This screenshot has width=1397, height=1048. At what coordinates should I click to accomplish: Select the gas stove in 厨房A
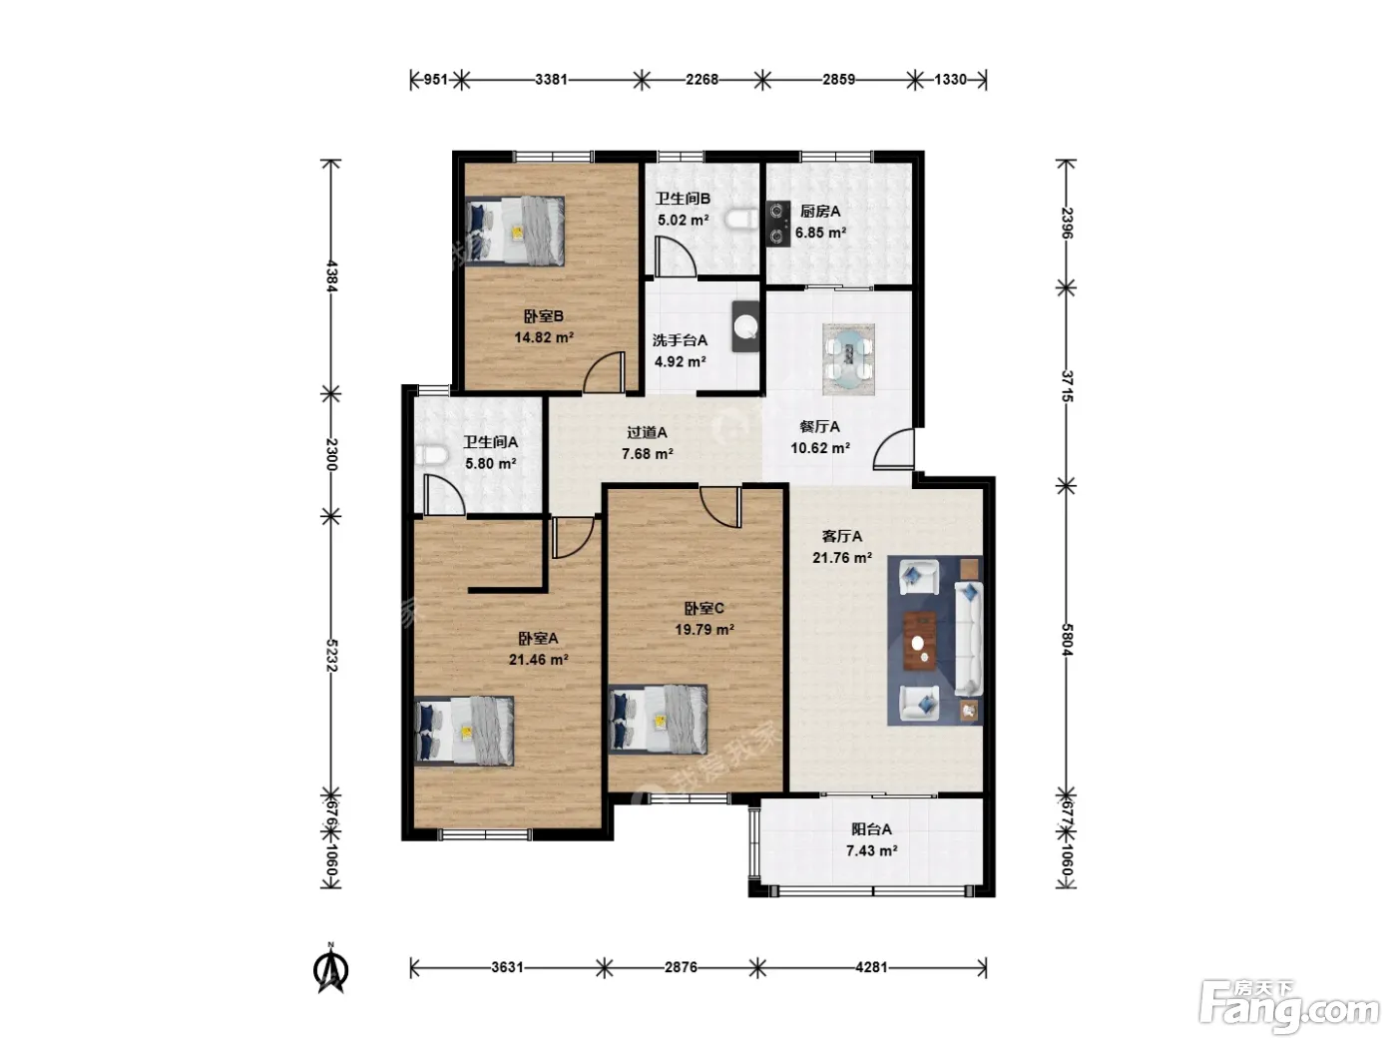[777, 223]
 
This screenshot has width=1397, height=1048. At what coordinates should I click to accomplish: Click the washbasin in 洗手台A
[745, 325]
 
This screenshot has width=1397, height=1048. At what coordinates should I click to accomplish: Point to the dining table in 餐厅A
[848, 358]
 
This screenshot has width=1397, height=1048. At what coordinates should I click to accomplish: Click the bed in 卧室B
[514, 231]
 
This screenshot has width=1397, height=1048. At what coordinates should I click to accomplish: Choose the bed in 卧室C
[658, 719]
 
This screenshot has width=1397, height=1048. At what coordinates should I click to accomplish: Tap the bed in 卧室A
[464, 731]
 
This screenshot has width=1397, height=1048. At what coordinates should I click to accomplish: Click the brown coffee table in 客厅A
[920, 641]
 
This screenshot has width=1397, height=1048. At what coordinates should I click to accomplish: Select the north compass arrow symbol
[331, 968]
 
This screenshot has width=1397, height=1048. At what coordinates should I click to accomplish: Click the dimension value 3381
[551, 80]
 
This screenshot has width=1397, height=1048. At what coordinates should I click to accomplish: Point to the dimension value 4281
[871, 967]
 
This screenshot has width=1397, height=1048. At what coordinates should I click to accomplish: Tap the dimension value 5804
[1067, 640]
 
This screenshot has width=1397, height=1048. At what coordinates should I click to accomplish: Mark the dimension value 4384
[330, 276]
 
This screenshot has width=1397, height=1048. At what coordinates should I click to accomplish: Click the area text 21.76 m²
[841, 558]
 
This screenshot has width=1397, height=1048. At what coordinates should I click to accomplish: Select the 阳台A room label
[871, 829]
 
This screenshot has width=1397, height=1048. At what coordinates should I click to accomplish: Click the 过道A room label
[647, 433]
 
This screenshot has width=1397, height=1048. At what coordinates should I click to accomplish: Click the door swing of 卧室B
[604, 372]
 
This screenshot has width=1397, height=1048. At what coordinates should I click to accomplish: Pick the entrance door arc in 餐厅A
[893, 449]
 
